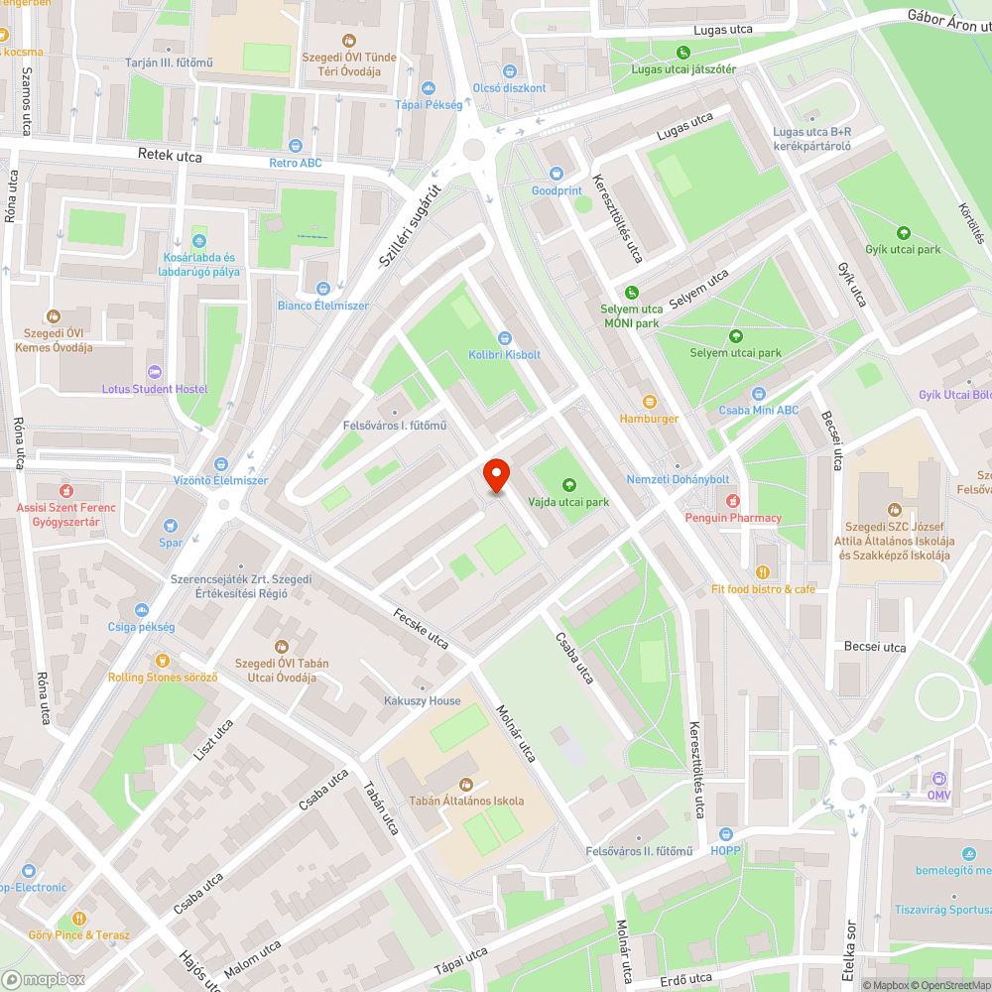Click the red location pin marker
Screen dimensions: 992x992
click(496, 476)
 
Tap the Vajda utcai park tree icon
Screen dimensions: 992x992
click(568, 484)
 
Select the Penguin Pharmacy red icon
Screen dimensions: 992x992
click(733, 500)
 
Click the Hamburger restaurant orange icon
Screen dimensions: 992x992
click(650, 401)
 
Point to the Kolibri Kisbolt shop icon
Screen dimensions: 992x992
click(505, 337)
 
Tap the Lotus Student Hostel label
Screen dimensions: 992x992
click(164, 389)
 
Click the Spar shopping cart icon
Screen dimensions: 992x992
click(171, 525)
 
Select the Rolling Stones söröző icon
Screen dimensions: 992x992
click(163, 660)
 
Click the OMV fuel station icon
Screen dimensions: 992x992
click(939, 779)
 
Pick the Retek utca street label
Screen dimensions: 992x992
click(170, 157)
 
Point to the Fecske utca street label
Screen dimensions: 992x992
click(421, 627)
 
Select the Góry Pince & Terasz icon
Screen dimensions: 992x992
click(78, 918)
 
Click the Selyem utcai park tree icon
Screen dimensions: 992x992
click(735, 335)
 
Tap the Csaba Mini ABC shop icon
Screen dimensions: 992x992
click(759, 394)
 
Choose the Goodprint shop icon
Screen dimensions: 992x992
click(556, 174)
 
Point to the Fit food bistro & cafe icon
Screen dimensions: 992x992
click(763, 571)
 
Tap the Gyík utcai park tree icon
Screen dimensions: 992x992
click(903, 233)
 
